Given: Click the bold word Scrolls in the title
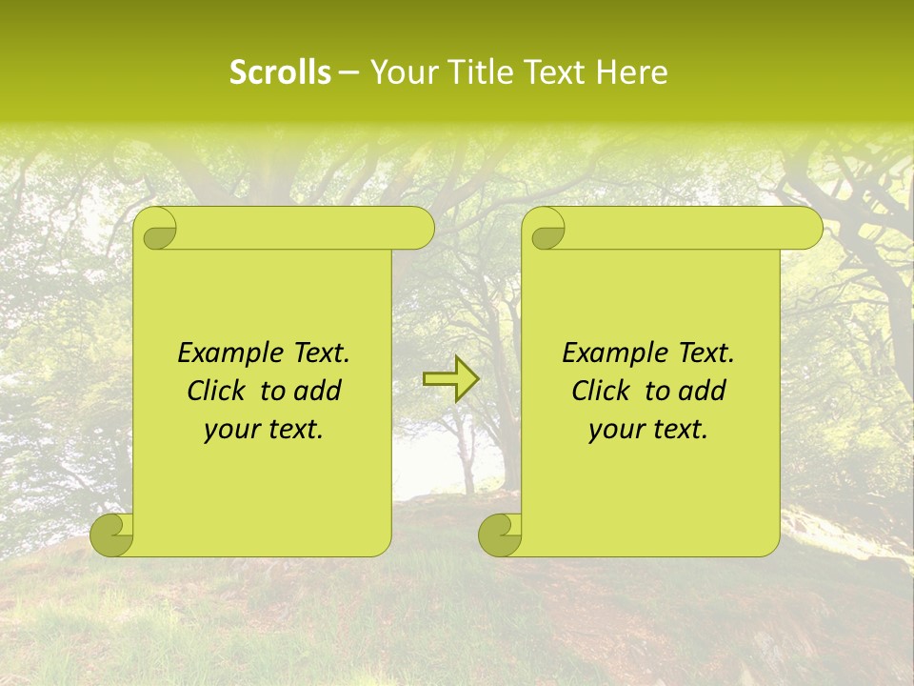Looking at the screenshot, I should tap(280, 72).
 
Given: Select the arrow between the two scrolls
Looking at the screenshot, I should tap(450, 379).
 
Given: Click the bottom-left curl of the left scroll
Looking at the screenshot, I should tap(111, 535).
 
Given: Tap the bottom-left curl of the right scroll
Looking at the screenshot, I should tap(500, 535).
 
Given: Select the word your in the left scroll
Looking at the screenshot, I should tap(230, 430).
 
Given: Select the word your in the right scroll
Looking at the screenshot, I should tap(615, 430).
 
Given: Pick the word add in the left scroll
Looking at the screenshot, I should tap(319, 391).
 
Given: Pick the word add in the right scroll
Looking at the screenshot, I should tap(704, 391).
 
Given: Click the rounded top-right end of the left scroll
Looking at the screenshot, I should tap(420, 229).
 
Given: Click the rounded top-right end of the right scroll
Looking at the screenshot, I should tap(808, 229).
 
